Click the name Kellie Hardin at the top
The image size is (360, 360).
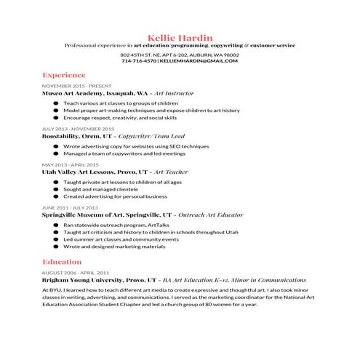click(x=180, y=36)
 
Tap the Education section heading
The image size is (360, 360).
click(x=62, y=261)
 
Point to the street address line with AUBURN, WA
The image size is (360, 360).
click(x=180, y=55)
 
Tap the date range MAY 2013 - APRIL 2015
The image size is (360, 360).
click(x=71, y=165)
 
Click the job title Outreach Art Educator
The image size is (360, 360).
click(x=207, y=215)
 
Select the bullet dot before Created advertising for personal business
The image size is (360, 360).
click(x=55, y=196)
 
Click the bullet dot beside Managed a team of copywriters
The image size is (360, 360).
click(x=55, y=154)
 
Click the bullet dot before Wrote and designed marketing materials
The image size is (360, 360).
click(x=55, y=247)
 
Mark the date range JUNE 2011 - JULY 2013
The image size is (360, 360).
click(x=71, y=207)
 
